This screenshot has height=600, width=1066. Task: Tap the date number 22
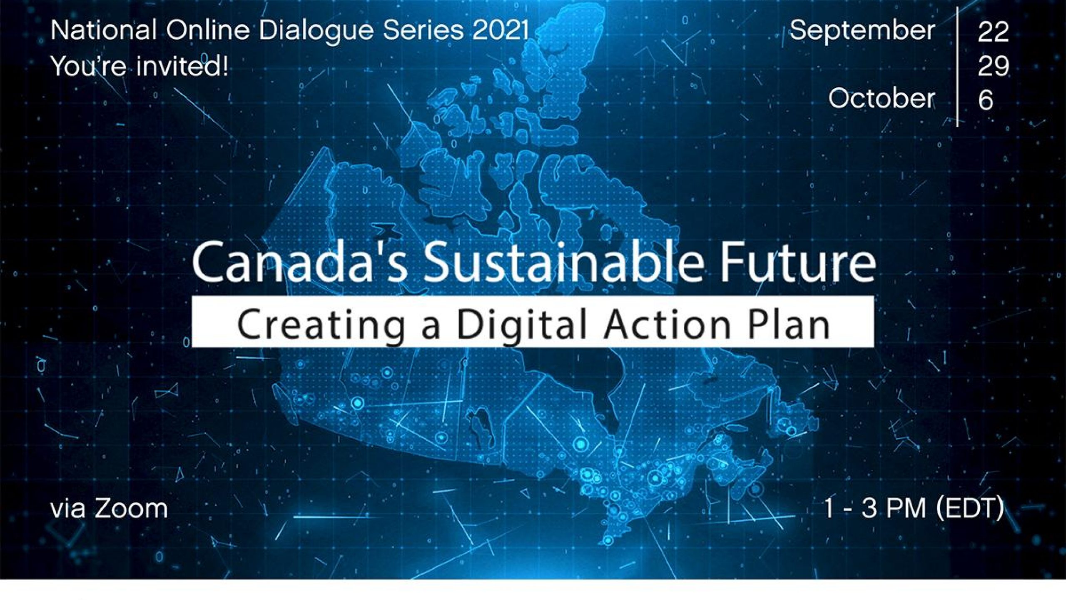click(x=994, y=32)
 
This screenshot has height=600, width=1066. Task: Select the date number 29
click(x=994, y=66)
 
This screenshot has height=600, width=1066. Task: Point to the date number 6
click(x=986, y=100)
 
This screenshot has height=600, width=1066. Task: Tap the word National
click(x=104, y=30)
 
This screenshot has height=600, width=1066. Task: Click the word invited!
click(x=183, y=66)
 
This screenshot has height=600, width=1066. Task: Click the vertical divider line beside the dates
click(x=957, y=67)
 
